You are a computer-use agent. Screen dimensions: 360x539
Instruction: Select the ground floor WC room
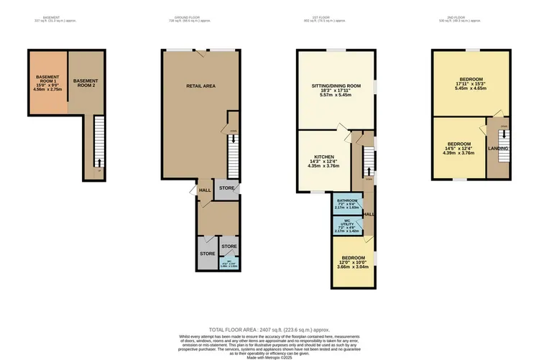click(229, 264)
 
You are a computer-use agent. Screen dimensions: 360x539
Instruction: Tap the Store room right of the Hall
click(227, 188)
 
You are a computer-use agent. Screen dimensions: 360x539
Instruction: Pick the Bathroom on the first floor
click(347, 203)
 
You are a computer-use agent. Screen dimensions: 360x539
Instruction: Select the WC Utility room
click(347, 226)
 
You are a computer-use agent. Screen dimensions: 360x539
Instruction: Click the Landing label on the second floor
click(497, 149)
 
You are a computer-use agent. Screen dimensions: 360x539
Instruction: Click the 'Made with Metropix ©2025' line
click(269, 356)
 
